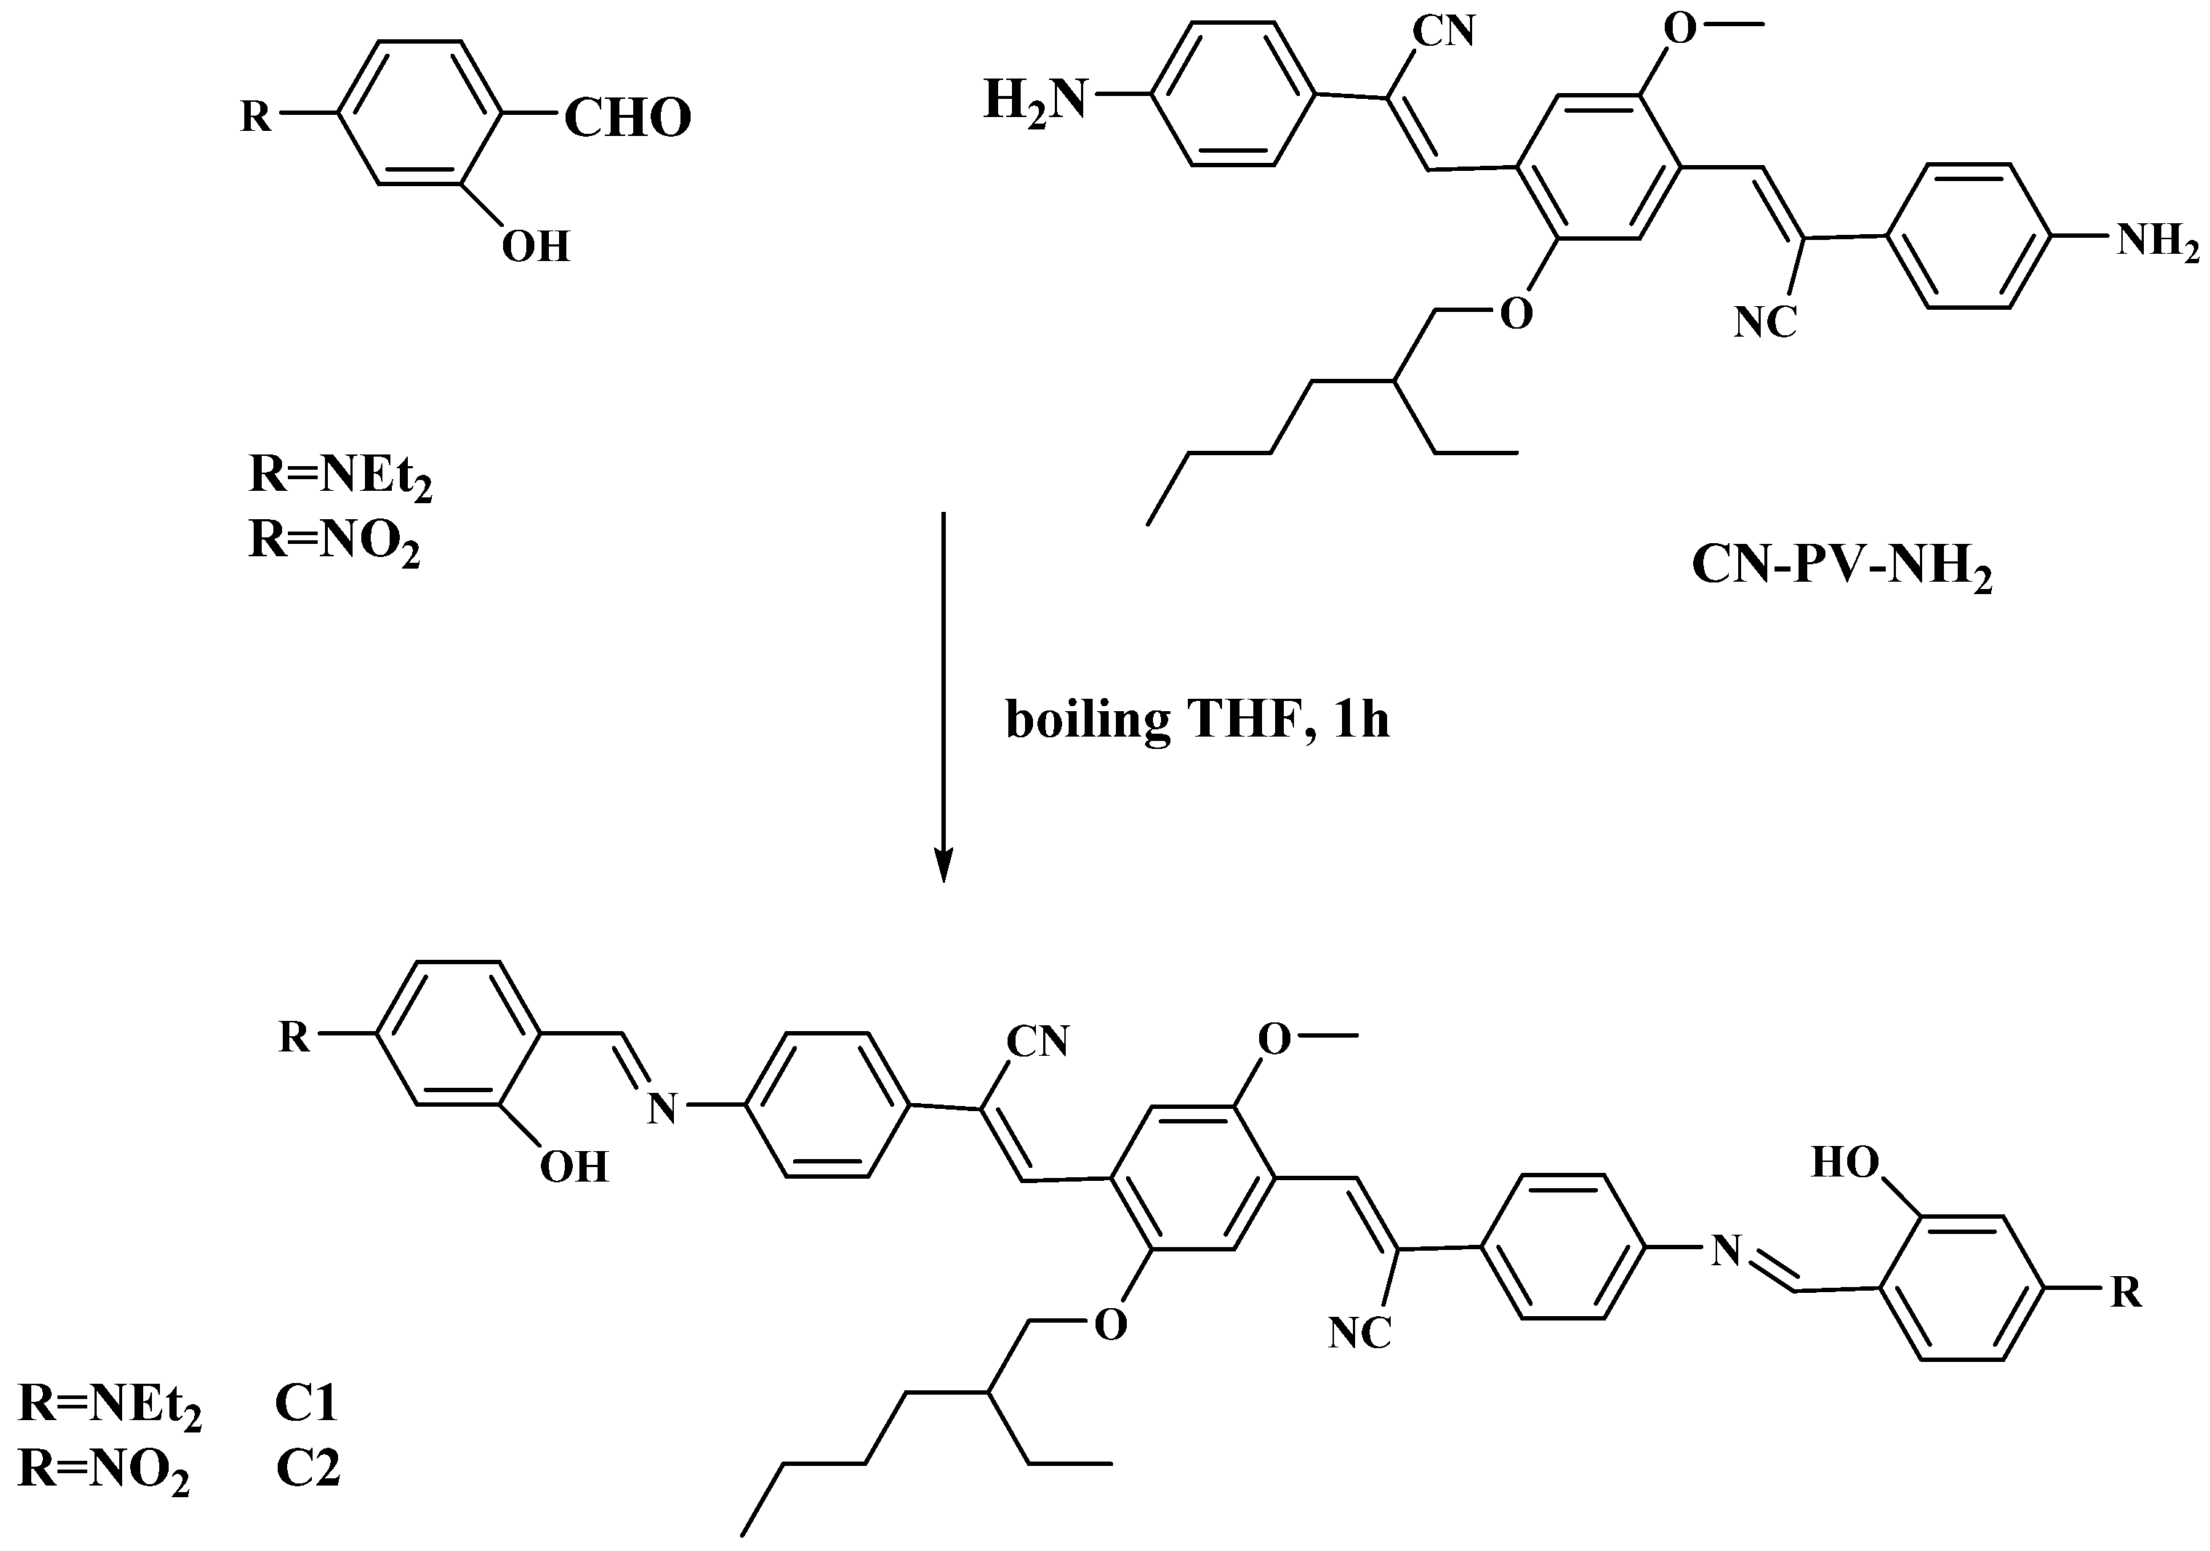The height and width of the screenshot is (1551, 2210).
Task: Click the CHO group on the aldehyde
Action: point(627,119)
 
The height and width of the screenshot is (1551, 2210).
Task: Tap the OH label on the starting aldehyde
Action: point(536,247)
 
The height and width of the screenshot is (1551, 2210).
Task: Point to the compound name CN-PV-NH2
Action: point(1841,566)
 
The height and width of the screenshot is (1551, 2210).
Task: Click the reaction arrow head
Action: point(944,867)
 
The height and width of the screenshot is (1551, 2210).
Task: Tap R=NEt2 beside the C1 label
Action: point(110,1406)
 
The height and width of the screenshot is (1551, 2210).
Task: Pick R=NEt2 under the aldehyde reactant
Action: point(339,476)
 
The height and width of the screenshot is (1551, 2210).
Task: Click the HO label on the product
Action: point(1844,1163)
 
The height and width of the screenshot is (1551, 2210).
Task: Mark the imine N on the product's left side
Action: point(662,1109)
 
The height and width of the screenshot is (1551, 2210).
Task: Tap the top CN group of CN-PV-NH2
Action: point(1443,32)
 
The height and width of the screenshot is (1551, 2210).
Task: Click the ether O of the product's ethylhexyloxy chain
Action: point(1111,1325)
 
